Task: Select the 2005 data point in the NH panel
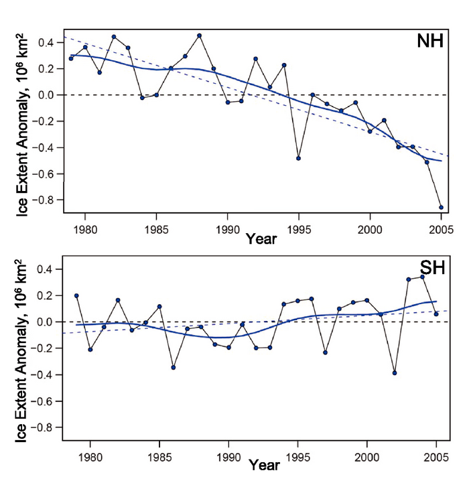(441, 207)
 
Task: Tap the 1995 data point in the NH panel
(298, 158)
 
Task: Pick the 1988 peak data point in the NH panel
(199, 36)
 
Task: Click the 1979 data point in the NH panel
(71, 59)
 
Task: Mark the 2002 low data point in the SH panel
(395, 372)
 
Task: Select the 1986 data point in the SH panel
(174, 367)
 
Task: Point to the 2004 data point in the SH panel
(423, 277)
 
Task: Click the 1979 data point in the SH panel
(76, 295)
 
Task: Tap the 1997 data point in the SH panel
(325, 352)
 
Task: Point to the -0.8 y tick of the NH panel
(48, 200)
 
